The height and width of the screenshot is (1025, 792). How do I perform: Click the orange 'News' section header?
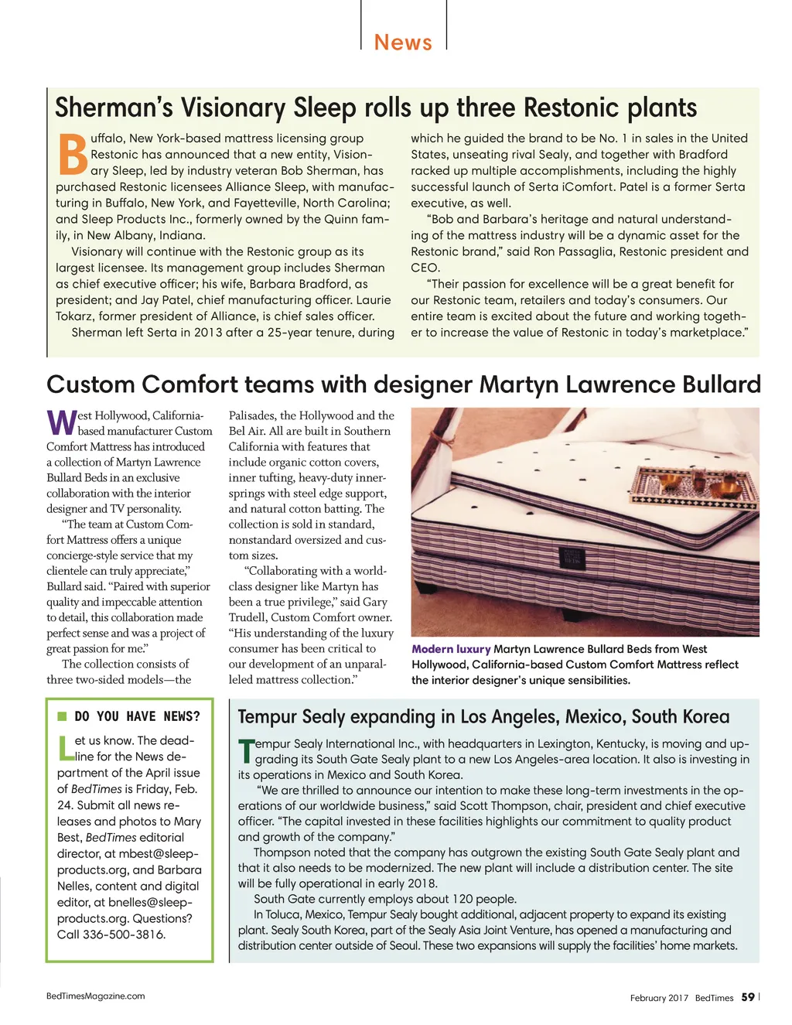(x=403, y=42)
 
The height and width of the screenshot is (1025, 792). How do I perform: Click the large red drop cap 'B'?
(x=73, y=155)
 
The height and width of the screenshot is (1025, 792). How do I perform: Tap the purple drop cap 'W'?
(x=61, y=422)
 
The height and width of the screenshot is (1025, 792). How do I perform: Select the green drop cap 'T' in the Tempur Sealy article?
(x=246, y=751)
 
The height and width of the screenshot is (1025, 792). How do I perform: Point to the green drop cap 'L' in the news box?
(x=65, y=748)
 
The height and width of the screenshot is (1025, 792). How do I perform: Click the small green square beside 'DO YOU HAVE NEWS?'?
(x=62, y=716)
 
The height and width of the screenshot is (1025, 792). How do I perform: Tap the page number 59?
(x=747, y=997)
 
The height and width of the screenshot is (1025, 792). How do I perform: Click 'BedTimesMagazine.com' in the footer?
(x=95, y=996)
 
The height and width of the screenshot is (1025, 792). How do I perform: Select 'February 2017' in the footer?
(x=659, y=998)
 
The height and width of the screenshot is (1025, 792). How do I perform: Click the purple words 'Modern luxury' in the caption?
(x=451, y=649)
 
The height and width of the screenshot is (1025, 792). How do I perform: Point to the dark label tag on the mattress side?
(x=570, y=557)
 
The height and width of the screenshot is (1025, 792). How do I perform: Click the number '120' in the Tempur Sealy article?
(x=463, y=899)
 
